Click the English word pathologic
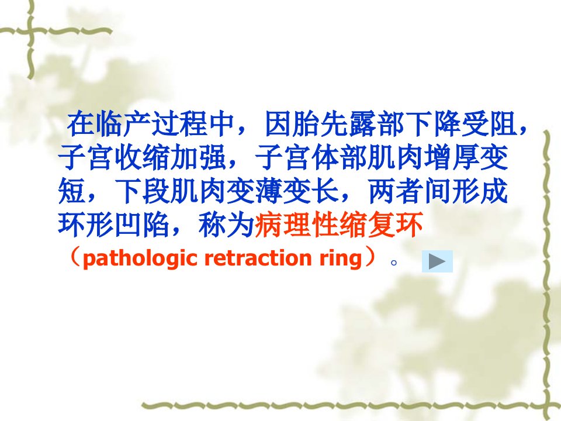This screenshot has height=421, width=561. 140,258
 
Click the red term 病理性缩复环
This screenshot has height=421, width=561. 338,225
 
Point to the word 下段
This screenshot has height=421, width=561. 142,191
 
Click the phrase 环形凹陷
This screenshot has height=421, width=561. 114,225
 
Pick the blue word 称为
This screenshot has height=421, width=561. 226,225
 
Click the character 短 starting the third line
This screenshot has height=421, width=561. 71,191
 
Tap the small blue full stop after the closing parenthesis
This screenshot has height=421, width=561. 394,263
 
